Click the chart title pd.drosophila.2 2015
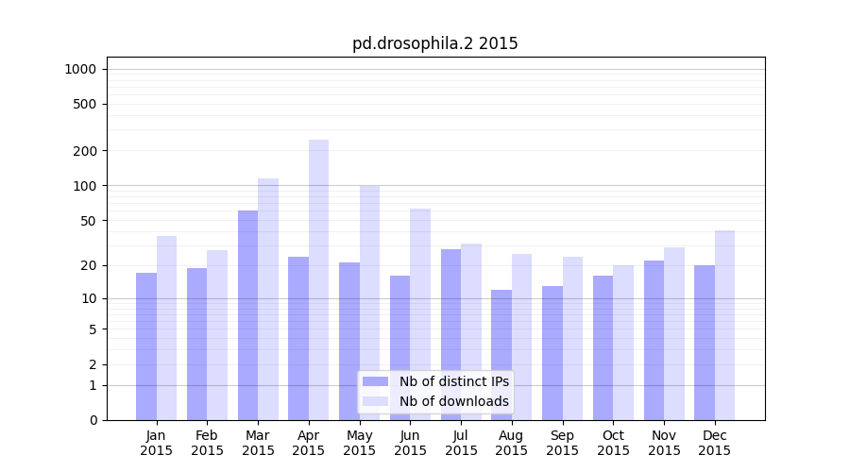[434, 43]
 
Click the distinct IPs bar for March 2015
[248, 315]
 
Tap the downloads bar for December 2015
[725, 325]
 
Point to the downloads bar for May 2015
[370, 302]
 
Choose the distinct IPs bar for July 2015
[450, 334]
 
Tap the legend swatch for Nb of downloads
[376, 401]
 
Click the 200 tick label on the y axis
[85, 151]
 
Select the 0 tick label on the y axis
[93, 420]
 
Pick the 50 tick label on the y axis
[89, 221]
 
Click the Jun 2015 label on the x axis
[410, 443]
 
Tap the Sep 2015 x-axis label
[562, 443]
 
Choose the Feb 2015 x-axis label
[207, 443]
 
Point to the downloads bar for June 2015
[420, 314]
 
